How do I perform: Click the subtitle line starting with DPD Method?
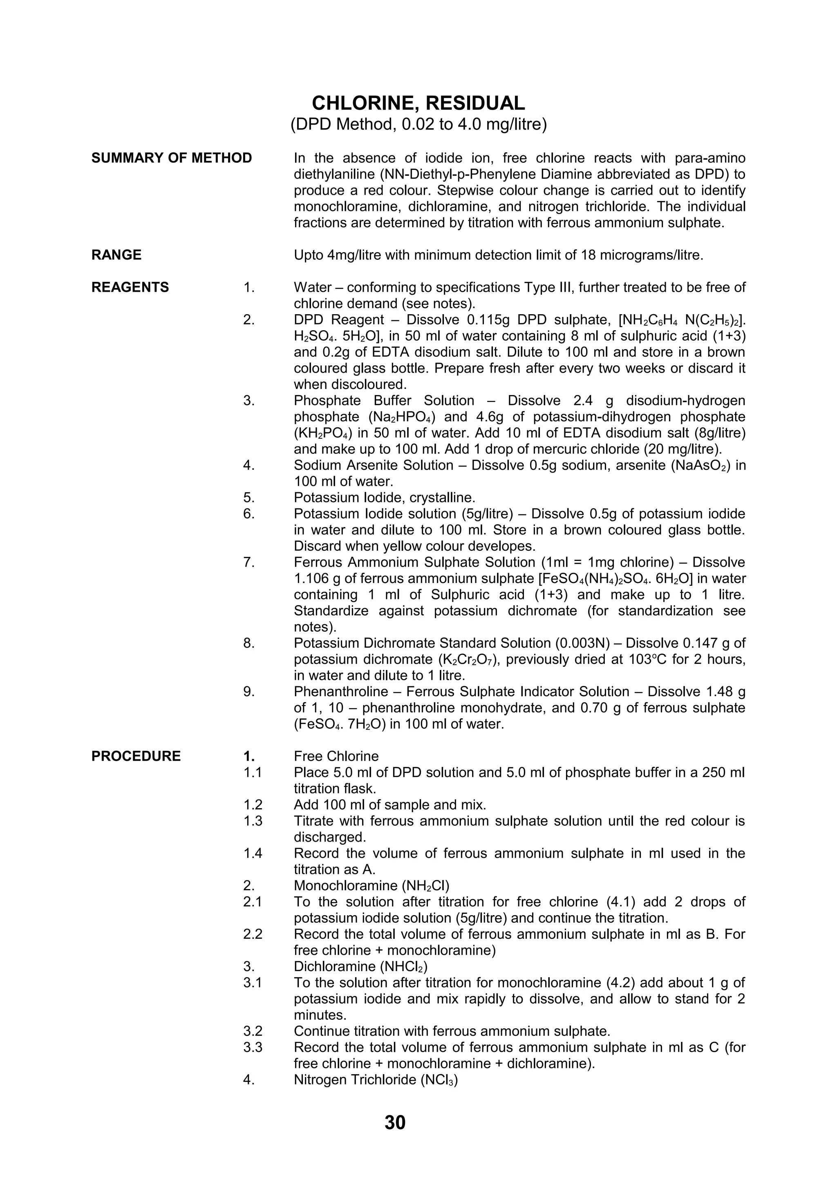(x=418, y=125)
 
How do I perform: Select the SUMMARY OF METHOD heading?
(x=171, y=158)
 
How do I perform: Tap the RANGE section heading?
(x=116, y=255)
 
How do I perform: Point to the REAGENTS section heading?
(x=130, y=287)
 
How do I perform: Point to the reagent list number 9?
(x=248, y=692)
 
